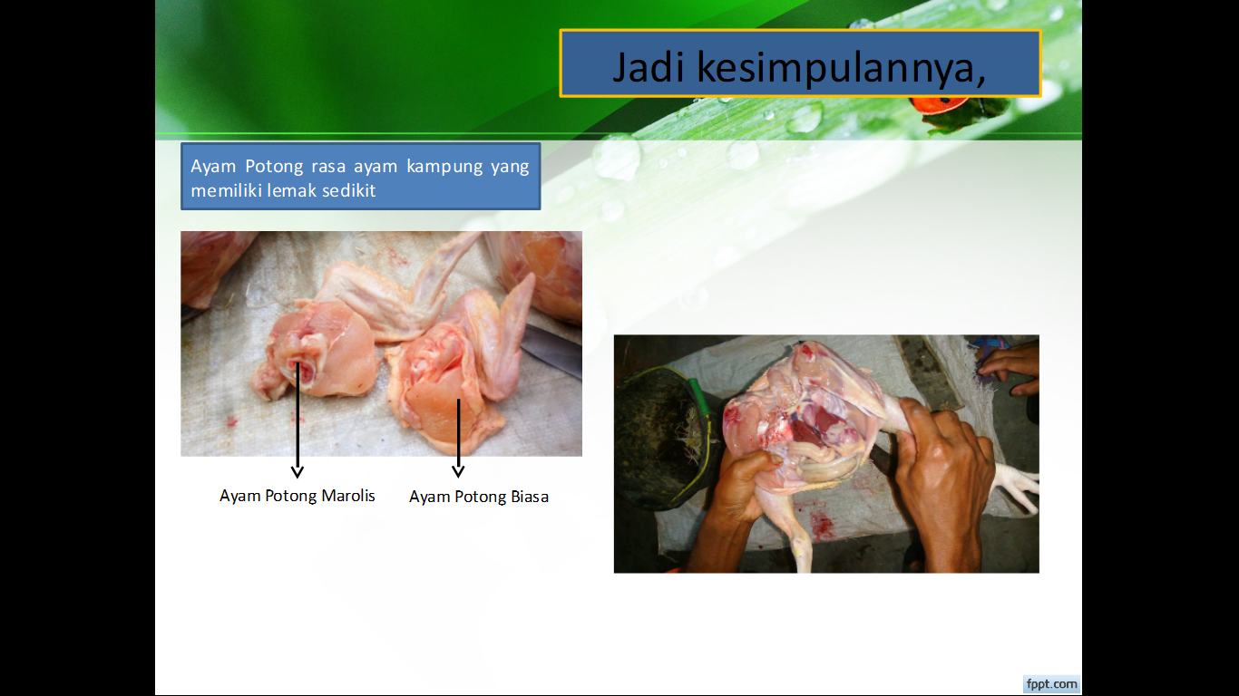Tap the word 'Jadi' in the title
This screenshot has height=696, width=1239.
649,67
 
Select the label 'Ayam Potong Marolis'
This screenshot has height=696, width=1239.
297,496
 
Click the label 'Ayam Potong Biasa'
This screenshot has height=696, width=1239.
478,497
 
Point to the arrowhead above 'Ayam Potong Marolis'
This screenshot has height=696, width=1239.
297,471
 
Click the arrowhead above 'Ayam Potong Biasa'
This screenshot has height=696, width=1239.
458,470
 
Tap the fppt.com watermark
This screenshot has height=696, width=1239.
1051,684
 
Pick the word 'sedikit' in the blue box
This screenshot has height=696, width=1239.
348,190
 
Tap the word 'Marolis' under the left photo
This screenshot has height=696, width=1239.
348,496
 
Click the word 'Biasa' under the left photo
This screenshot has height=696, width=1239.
530,497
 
